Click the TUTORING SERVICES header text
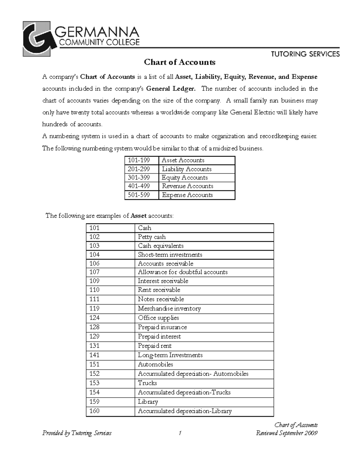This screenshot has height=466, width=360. pyautogui.click(x=305, y=54)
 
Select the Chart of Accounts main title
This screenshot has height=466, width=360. pyautogui.click(x=180, y=62)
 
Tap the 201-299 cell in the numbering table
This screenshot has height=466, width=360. pyautogui.click(x=139, y=169)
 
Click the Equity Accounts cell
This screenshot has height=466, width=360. pyautogui.click(x=185, y=178)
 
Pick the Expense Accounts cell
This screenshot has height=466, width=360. pyautogui.click(x=187, y=195)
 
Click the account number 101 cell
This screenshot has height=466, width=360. pyautogui.click(x=94, y=228)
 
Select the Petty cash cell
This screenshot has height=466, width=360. pyautogui.click(x=152, y=237)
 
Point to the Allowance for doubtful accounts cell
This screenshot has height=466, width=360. pyautogui.click(x=183, y=272)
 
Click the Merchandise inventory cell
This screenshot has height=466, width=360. pyautogui.click(x=169, y=308)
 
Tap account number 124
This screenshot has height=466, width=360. pyautogui.click(x=94, y=318)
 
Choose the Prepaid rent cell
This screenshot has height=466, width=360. pyautogui.click(x=155, y=346)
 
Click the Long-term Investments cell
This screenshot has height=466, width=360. pyautogui.click(x=170, y=355)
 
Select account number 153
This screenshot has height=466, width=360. pyautogui.click(x=94, y=383)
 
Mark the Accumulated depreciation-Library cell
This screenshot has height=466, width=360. pyautogui.click(x=184, y=411)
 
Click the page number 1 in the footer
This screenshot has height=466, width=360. pyautogui.click(x=180, y=433)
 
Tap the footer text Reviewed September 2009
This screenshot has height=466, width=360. pyautogui.click(x=286, y=433)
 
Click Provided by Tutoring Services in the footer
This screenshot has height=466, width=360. pyautogui.click(x=77, y=433)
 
